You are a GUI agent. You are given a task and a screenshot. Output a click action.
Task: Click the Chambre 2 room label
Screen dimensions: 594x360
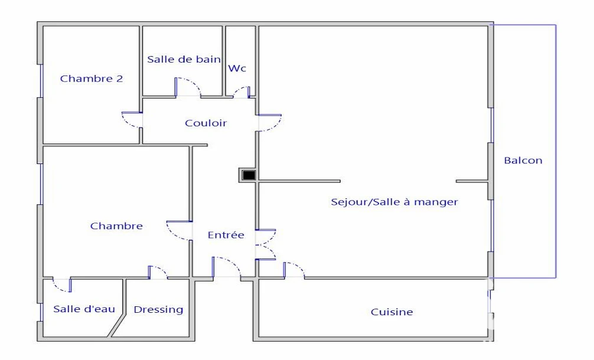(92, 78)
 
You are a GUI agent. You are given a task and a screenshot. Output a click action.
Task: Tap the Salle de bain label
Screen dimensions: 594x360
(184, 60)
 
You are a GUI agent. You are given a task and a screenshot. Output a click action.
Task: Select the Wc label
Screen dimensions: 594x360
(237, 68)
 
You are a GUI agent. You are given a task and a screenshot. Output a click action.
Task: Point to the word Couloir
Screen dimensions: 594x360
(205, 123)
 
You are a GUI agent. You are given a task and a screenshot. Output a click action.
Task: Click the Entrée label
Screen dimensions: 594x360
(226, 235)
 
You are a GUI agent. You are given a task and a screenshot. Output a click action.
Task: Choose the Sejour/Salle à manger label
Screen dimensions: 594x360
(394, 202)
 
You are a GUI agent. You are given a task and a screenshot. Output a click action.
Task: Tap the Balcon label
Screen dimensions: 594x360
(523, 161)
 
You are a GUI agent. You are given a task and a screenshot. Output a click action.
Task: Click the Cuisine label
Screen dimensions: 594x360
(391, 312)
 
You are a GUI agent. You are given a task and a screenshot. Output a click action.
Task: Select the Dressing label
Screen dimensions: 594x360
(158, 310)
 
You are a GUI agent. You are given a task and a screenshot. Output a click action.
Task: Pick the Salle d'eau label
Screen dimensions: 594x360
(84, 309)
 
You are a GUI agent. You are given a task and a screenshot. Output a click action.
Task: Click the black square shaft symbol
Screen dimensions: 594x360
(249, 175)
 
